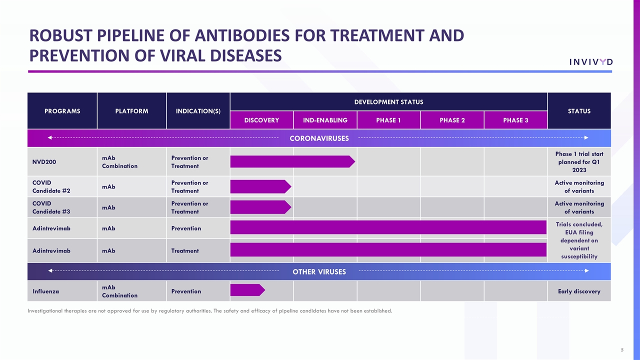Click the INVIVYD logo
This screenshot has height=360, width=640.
[590, 61]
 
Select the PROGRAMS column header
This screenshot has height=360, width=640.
[62, 111]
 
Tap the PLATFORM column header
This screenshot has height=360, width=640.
[131, 111]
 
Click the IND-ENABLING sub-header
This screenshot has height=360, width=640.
[325, 120]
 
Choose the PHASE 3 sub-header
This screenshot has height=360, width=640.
[515, 120]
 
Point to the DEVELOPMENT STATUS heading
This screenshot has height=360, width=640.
[388, 102]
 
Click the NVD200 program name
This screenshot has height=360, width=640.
[44, 162]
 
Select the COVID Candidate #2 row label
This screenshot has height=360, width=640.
[51, 186]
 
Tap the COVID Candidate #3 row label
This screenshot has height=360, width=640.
[51, 207]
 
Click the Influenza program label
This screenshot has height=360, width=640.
[47, 291]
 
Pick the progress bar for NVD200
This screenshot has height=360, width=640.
[292, 161]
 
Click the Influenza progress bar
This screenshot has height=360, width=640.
[247, 290]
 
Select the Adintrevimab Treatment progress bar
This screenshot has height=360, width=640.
[388, 249]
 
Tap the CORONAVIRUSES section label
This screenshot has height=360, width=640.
[319, 138]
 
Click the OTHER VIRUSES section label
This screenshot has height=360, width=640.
[319, 272]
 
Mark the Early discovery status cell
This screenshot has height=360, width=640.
[579, 291]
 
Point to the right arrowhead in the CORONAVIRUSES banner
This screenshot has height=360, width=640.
[586, 137]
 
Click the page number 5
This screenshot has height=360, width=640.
[622, 349]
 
